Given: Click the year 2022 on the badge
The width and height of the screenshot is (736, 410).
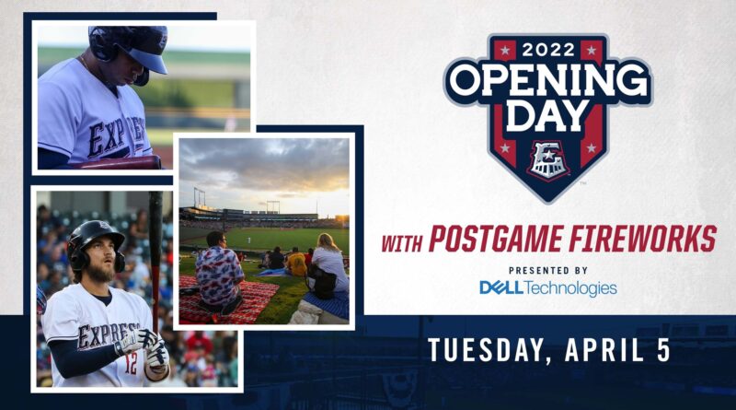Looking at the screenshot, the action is [548, 49].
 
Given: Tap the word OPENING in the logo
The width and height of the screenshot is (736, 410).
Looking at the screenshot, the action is [547, 82].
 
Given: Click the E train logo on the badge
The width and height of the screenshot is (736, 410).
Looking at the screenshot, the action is [547, 161].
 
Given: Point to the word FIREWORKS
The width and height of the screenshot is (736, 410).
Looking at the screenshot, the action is [642, 239].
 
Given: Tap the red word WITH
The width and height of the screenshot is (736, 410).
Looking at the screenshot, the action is [402, 243].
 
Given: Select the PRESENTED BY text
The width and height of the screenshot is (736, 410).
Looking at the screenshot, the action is [548, 270].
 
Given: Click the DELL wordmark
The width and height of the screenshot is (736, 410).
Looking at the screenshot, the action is [501, 287].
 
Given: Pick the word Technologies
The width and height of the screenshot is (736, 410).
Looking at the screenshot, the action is [570, 288].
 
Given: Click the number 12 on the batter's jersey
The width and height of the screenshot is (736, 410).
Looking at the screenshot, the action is [131, 364].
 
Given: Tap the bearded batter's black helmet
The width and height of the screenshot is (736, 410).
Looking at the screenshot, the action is [96, 243].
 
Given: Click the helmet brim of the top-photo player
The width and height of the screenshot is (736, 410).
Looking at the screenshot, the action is [150, 62].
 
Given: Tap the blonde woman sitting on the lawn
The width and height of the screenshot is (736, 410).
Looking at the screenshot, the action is [328, 266].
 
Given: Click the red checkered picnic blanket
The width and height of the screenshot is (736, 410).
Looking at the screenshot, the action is [225, 300].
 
